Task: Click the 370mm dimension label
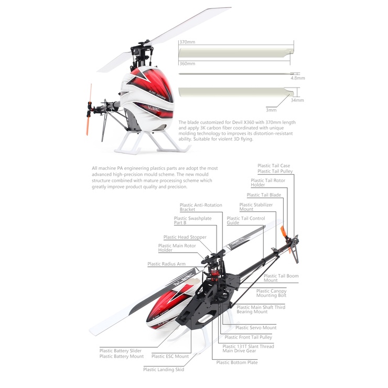click(187, 42)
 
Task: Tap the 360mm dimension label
click(187, 63)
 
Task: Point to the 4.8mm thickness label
click(298, 78)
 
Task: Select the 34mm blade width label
click(297, 100)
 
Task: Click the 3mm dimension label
click(271, 110)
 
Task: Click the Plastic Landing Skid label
click(164, 370)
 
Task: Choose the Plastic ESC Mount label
click(170, 357)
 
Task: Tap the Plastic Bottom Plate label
click(237, 362)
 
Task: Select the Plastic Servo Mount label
click(256, 328)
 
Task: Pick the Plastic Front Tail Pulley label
click(248, 337)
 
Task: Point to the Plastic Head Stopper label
click(185, 237)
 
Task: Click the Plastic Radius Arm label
click(166, 264)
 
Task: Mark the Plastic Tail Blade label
click(264, 195)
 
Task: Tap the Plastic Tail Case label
click(274, 166)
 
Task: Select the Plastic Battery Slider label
click(121, 351)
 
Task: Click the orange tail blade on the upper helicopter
click(89, 110)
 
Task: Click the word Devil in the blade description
click(237, 122)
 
